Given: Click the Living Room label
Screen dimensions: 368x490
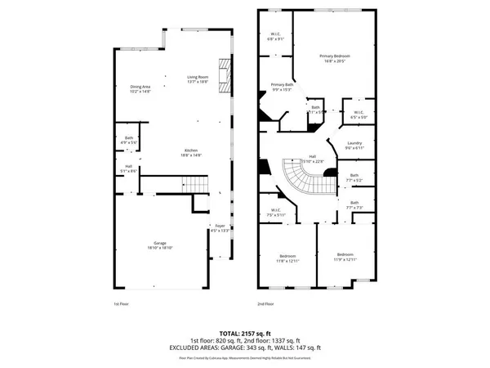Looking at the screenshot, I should click(198, 79).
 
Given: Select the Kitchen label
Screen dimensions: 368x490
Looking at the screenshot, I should click(191, 152).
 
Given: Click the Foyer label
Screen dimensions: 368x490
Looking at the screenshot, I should click(219, 228).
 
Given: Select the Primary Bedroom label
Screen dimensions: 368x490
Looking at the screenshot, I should click(335, 57).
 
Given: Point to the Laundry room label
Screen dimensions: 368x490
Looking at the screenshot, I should click(354, 145).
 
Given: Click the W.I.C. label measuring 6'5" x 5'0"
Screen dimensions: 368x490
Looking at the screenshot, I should click(358, 114).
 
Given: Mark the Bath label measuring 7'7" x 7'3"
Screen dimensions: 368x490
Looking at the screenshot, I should click(354, 204).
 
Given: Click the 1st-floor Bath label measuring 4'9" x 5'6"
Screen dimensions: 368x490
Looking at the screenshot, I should click(129, 140).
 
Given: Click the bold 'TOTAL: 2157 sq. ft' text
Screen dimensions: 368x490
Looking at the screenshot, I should click(245, 334).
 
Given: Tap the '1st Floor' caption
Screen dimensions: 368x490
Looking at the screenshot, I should click(120, 303).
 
